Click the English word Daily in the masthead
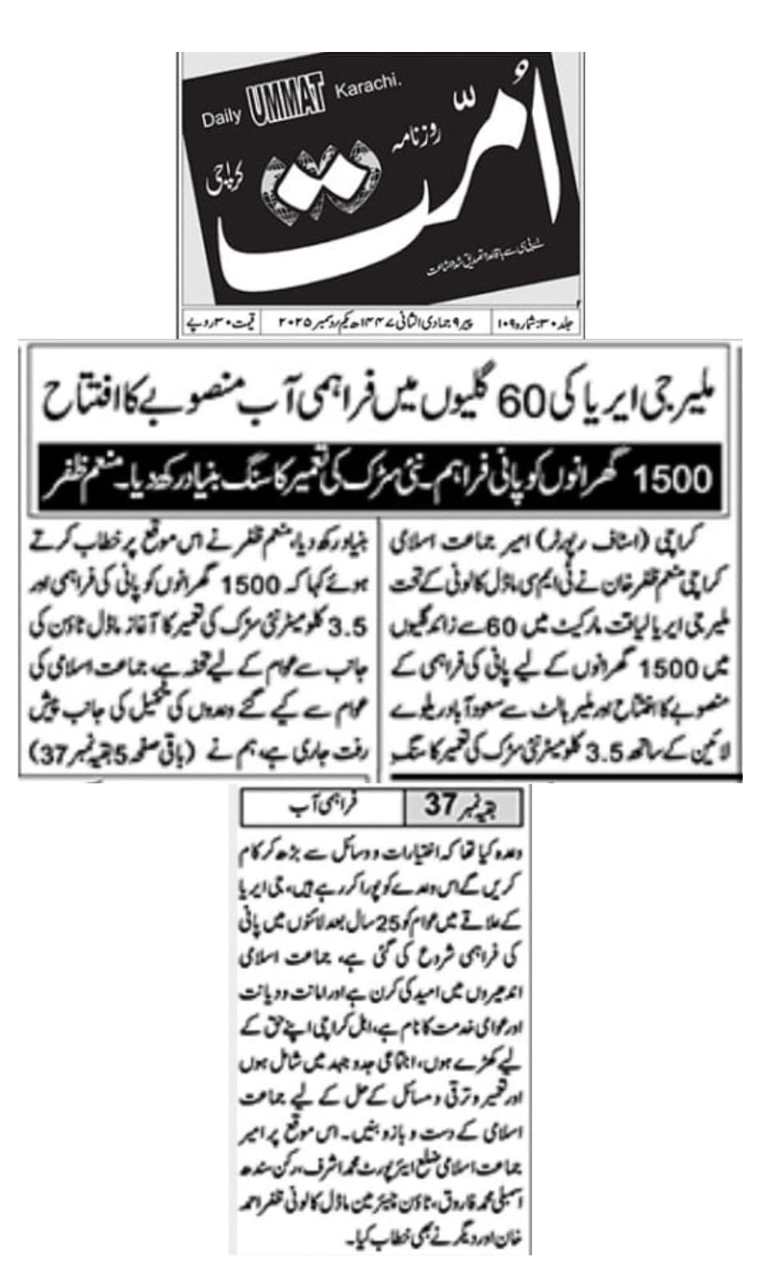(221, 117)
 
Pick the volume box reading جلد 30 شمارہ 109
(536, 323)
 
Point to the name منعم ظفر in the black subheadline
(77, 479)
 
